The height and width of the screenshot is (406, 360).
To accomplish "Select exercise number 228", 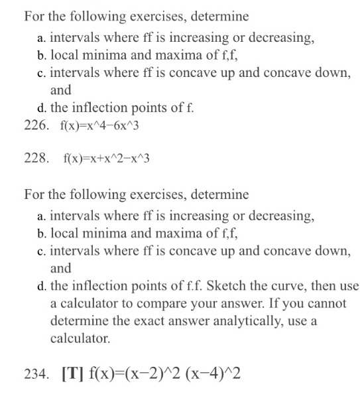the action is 35,159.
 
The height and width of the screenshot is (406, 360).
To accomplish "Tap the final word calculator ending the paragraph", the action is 79,338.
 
